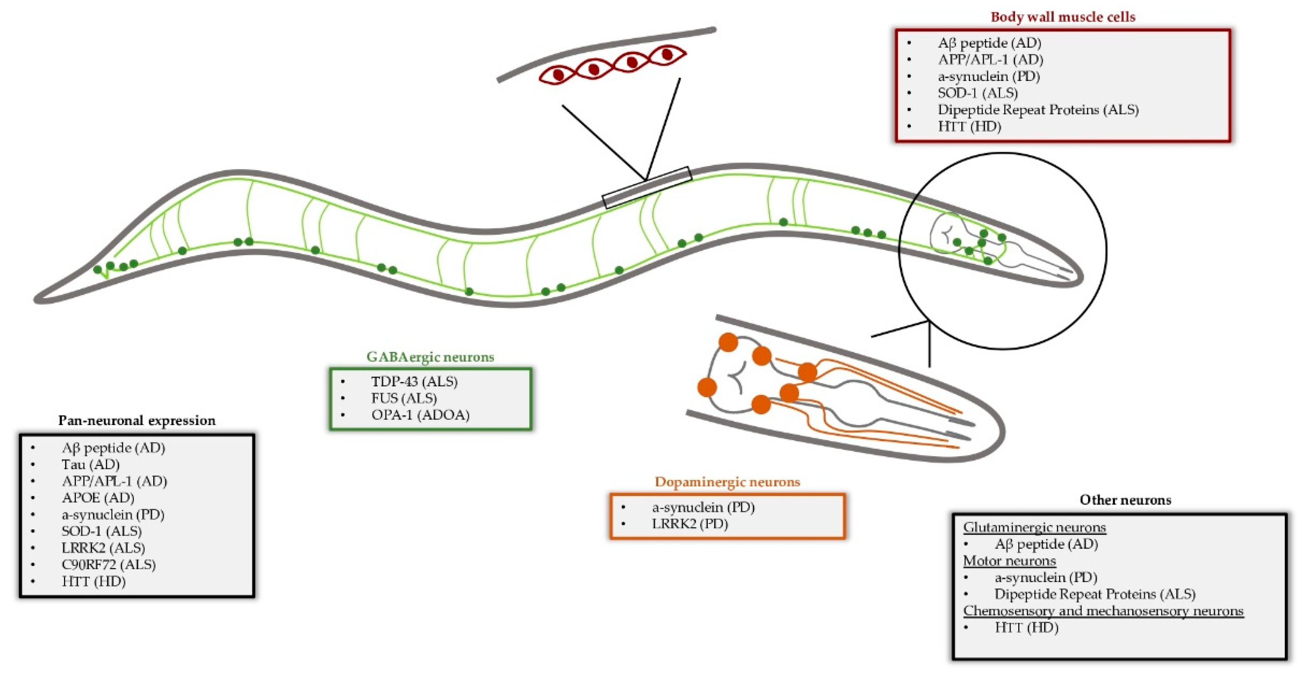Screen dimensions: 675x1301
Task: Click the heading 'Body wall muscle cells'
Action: pos(1062,17)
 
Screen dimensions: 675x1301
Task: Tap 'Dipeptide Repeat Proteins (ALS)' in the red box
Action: pos(1038,110)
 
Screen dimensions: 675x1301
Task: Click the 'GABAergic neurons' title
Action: pos(430,357)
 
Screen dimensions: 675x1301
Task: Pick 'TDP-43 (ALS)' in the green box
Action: pos(415,382)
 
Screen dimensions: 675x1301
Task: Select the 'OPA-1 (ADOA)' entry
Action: pos(420,415)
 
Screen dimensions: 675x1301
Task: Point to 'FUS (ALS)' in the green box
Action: pos(404,398)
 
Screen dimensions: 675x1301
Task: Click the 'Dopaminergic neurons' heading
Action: pos(727,482)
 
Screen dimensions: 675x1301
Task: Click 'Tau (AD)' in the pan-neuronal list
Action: pos(91,464)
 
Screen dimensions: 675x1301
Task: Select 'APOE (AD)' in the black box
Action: pos(98,498)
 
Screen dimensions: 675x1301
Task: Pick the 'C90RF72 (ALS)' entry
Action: pos(109,564)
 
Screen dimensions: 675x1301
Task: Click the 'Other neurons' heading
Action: pos(1125,500)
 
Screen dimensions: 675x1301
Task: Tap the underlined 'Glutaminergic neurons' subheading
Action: pos(1034,527)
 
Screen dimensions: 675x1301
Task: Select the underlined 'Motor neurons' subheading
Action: pos(1009,561)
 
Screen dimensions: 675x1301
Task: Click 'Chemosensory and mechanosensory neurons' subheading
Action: pos(1103,611)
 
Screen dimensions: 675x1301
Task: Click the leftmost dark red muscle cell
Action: pos(558,75)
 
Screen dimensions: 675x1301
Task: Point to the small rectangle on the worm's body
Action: pos(647,188)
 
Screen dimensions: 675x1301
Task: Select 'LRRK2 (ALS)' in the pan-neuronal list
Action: pos(103,548)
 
